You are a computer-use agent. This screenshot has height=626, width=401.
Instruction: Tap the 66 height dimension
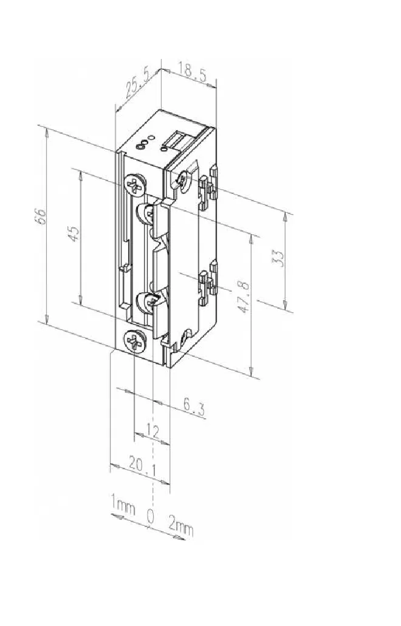[x=41, y=216]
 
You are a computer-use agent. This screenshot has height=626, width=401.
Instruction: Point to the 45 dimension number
[x=74, y=233]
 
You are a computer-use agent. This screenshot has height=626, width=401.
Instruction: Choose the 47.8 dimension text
[x=244, y=297]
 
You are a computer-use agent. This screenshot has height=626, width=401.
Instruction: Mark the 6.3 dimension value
[x=194, y=408]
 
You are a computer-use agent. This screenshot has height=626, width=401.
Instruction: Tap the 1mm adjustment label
[x=123, y=504]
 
